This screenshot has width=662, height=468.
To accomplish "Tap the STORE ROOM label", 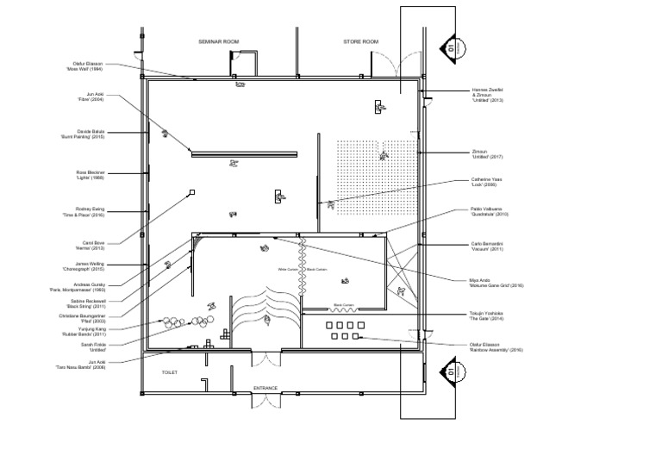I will [x=361, y=41].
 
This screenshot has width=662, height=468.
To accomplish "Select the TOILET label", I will [x=169, y=372].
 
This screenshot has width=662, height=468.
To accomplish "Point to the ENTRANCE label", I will [x=265, y=388].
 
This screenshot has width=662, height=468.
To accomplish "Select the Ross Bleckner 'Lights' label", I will [x=90, y=174].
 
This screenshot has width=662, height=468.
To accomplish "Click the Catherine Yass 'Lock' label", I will [x=486, y=182].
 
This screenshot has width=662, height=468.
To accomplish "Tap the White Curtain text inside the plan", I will [x=287, y=269].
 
